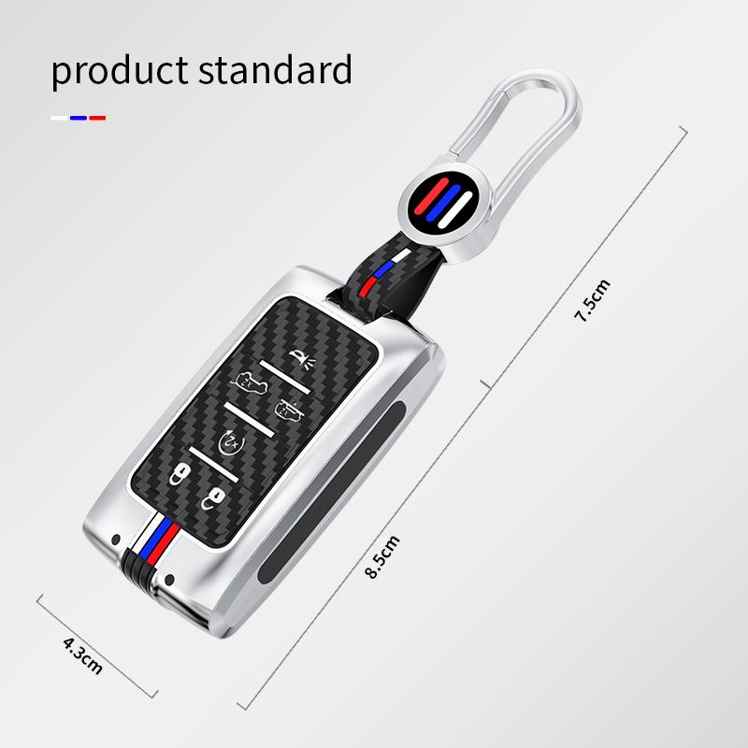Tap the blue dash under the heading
point(79,118)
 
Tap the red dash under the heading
point(97,118)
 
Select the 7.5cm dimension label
point(592,301)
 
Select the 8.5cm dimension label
point(383,555)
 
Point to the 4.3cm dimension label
point(82,654)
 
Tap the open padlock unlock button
point(214,496)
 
